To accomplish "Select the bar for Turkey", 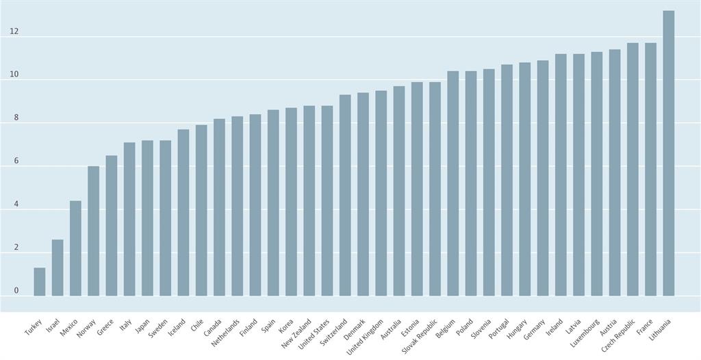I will (40, 282).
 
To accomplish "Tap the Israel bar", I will (58, 268).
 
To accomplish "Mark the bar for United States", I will (327, 201).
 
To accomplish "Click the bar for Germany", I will (543, 179).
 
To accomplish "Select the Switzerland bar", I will (345, 196).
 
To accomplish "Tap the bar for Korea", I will (291, 202).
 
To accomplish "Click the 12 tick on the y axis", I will (14, 31).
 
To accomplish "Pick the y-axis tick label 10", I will (14, 75).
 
